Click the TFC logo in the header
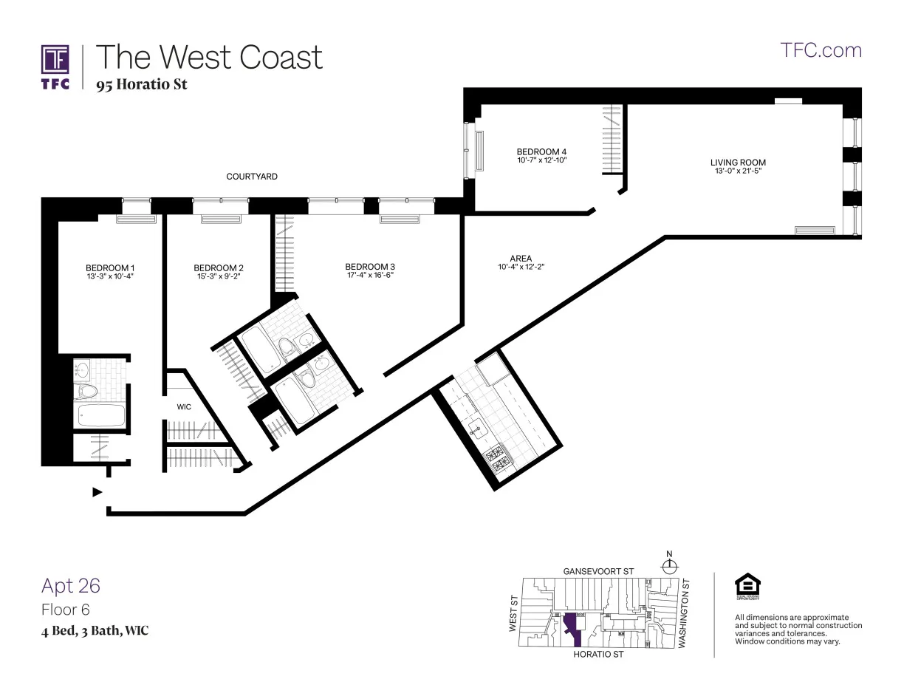coord(55,67)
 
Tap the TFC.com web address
coord(821,50)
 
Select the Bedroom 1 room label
coord(110,267)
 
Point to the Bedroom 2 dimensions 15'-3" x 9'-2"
coord(218,276)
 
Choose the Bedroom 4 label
coord(541,151)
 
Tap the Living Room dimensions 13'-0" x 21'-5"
coord(738,171)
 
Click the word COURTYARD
coord(252,177)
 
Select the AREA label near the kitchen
coord(521,259)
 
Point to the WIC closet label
coord(184,407)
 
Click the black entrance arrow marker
coord(97,492)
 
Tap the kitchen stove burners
coord(496,457)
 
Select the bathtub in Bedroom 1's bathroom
coord(100,416)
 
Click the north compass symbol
coord(670,567)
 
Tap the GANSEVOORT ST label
coord(598,571)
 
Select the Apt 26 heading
coord(71,586)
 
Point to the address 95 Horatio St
coord(142,84)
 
